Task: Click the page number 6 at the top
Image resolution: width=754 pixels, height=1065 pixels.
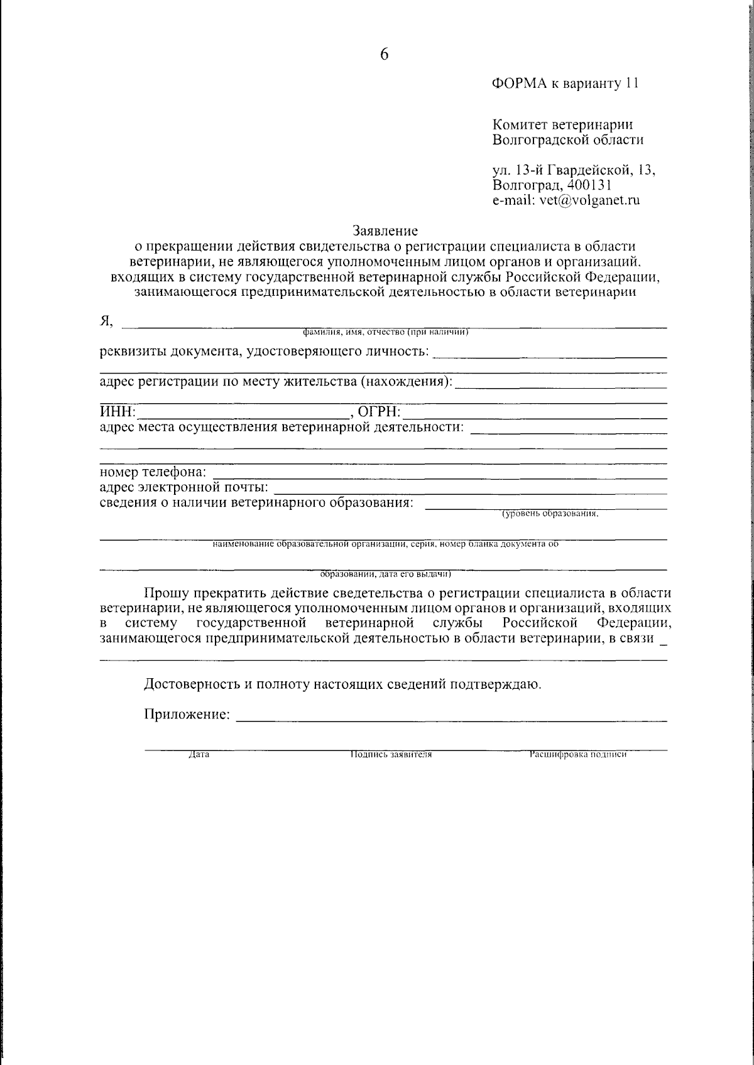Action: pos(385,55)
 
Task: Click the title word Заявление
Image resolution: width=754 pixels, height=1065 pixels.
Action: pos(385,232)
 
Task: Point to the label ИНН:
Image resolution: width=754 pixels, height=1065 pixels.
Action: pos(117,413)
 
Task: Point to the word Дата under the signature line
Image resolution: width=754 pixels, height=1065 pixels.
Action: pos(199,755)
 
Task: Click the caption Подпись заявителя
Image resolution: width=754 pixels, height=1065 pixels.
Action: pos(391,755)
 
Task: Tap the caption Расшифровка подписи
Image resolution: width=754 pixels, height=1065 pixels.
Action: pos(578,755)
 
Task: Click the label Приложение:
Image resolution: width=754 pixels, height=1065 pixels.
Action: pos(187,715)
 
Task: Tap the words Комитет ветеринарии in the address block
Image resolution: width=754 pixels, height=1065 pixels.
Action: pos(562,124)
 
